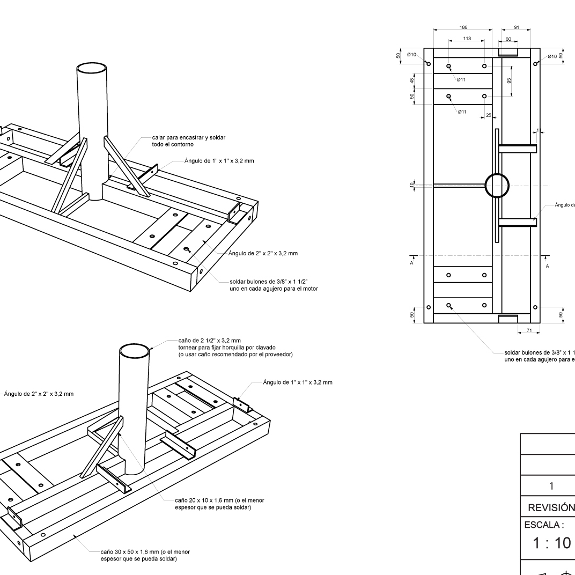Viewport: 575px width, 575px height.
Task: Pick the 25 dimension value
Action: (x=488, y=115)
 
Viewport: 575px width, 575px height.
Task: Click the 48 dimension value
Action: (x=412, y=80)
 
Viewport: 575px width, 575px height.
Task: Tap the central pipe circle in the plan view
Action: (x=497, y=186)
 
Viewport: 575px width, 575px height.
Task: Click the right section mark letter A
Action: (x=547, y=266)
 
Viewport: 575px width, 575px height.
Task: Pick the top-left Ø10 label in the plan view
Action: (x=412, y=55)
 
